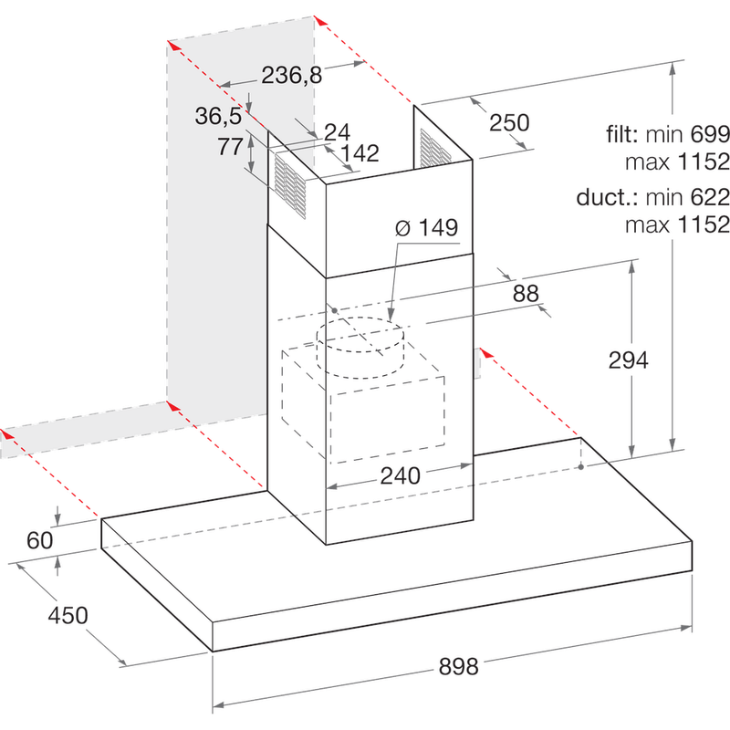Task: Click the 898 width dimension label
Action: coord(458,667)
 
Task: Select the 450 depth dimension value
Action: coord(68,616)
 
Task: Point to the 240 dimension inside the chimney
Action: coord(400,475)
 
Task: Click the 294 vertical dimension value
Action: coord(628,360)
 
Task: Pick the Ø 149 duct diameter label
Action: coord(426,228)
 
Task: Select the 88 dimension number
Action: coord(525,293)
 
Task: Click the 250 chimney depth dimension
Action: coord(508,122)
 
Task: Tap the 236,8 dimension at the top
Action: coord(292,76)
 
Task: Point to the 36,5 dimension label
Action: coord(219,116)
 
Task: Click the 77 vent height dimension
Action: coord(229,147)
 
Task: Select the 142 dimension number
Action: coord(359,153)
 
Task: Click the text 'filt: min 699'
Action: coord(668,135)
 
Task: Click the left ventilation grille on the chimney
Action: coord(290,186)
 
